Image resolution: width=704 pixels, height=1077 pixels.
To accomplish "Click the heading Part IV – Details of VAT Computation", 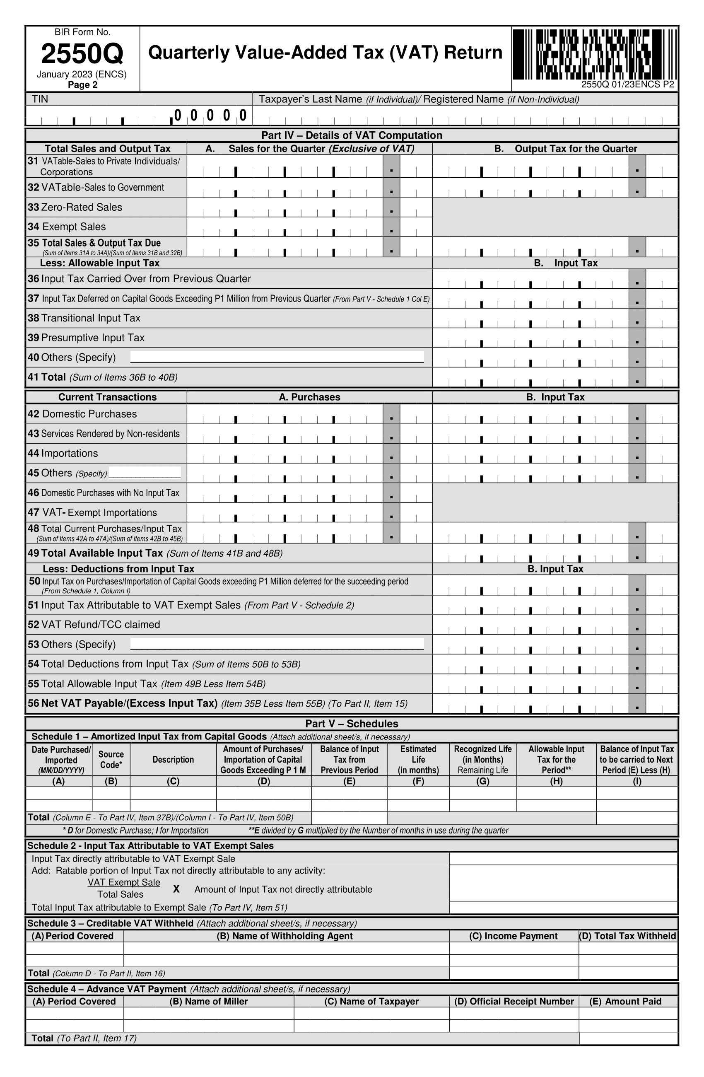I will pyautogui.click(x=352, y=135).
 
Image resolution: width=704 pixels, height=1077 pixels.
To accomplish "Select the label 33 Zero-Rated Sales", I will pyautogui.click(x=75, y=207).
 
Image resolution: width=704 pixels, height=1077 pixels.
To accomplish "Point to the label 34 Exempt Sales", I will pyautogui.click(x=67, y=227).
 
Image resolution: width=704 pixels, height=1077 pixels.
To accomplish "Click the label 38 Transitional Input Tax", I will pyautogui.click(x=84, y=318).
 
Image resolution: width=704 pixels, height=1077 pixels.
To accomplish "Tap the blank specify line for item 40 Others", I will pyautogui.click(x=277, y=357).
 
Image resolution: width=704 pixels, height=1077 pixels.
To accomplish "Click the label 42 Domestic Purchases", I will pyautogui.click(x=82, y=414).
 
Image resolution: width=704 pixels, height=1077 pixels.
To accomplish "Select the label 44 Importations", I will pyautogui.click(x=63, y=454).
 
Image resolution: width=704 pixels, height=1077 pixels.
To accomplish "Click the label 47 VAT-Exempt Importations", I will pyautogui.click(x=92, y=513).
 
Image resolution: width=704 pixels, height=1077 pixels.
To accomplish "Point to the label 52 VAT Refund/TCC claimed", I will pyautogui.click(x=94, y=625).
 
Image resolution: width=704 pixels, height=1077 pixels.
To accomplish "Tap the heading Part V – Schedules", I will pyautogui.click(x=352, y=724).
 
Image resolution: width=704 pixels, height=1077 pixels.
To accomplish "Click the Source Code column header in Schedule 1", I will pyautogui.click(x=111, y=759).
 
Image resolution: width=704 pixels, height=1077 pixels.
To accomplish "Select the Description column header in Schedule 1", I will pyautogui.click(x=173, y=759).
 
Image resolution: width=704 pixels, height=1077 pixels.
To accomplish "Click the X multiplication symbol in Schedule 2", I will pyautogui.click(x=176, y=889).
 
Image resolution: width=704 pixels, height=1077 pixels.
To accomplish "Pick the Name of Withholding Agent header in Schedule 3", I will pyautogui.click(x=284, y=936).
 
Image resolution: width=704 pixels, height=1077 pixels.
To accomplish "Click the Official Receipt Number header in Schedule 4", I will pyautogui.click(x=514, y=1002).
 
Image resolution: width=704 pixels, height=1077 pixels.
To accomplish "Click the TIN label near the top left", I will pyautogui.click(x=40, y=99).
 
